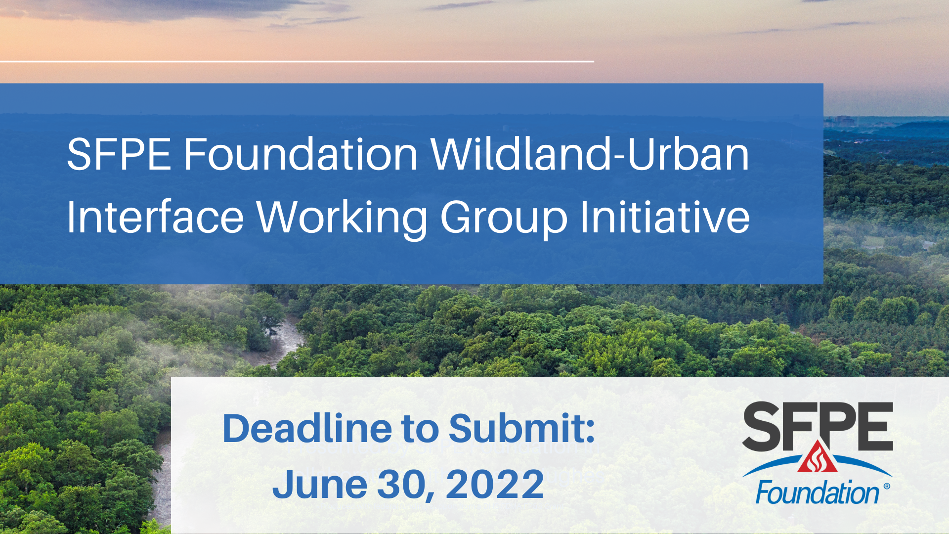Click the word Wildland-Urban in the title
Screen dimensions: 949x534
tap(590, 154)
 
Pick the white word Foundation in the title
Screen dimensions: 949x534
tap(301, 154)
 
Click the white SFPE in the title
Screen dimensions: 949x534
tap(119, 154)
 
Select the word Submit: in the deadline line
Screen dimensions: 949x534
tap(522, 428)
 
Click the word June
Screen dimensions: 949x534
tap(320, 484)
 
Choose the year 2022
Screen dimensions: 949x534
tap(495, 484)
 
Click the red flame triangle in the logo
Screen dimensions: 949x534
tap(817, 457)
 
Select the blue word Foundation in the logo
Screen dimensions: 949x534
tap(818, 493)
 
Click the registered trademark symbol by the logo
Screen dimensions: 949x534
tap(886, 487)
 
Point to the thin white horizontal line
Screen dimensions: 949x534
tap(297, 61)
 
